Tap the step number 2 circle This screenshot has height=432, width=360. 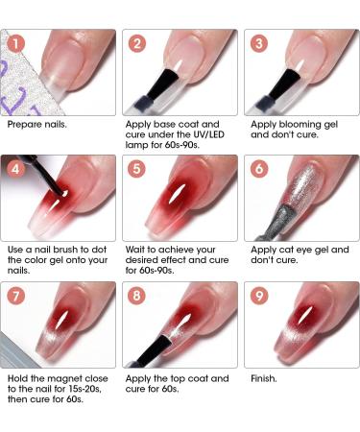(x=139, y=43)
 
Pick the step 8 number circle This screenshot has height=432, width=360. (x=139, y=296)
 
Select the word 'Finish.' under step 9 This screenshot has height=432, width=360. (x=265, y=378)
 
